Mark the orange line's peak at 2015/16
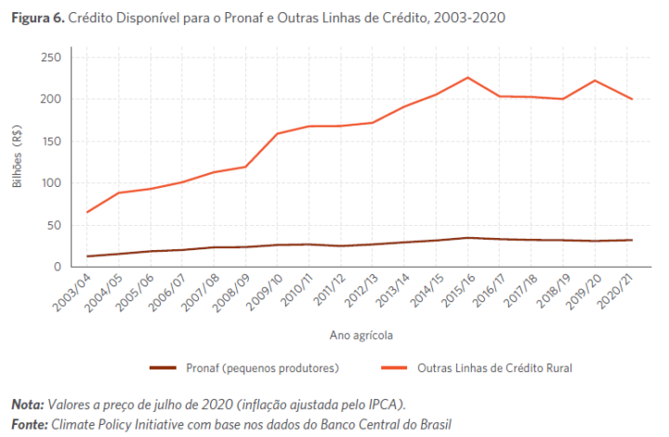(x=467, y=77)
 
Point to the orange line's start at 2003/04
(x=87, y=212)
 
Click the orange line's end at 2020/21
(x=632, y=99)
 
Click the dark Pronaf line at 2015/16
(x=467, y=237)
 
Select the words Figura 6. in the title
(x=37, y=19)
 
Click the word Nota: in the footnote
(x=27, y=404)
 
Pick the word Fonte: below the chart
(x=29, y=424)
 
